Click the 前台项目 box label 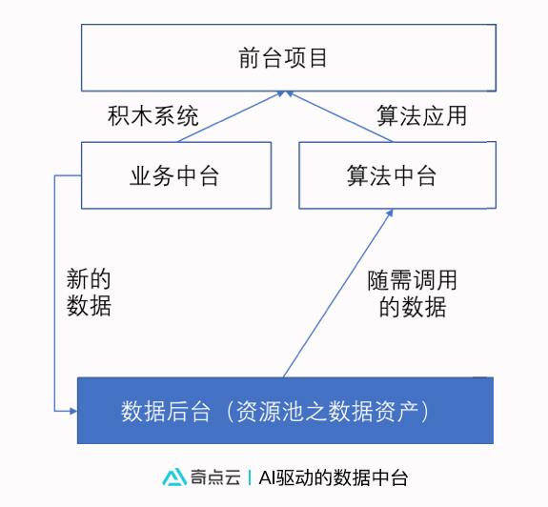(x=283, y=58)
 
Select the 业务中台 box (x=176, y=175)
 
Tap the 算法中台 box (x=397, y=175)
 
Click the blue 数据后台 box (x=285, y=411)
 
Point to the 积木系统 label (x=153, y=115)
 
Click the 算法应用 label (x=422, y=115)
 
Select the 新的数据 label (x=89, y=293)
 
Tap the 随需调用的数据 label (x=412, y=294)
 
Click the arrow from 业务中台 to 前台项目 (x=231, y=116)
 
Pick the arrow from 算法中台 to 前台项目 (x=339, y=116)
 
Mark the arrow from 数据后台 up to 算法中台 (x=338, y=294)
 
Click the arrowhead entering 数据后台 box (x=73, y=411)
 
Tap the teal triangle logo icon (x=174, y=477)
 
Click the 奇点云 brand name (x=215, y=477)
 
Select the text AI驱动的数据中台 (x=333, y=477)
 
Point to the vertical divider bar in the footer (x=250, y=477)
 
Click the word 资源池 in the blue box (x=270, y=411)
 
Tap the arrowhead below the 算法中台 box (x=390, y=213)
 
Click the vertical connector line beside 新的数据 (x=54, y=293)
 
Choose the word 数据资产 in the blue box (x=372, y=411)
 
